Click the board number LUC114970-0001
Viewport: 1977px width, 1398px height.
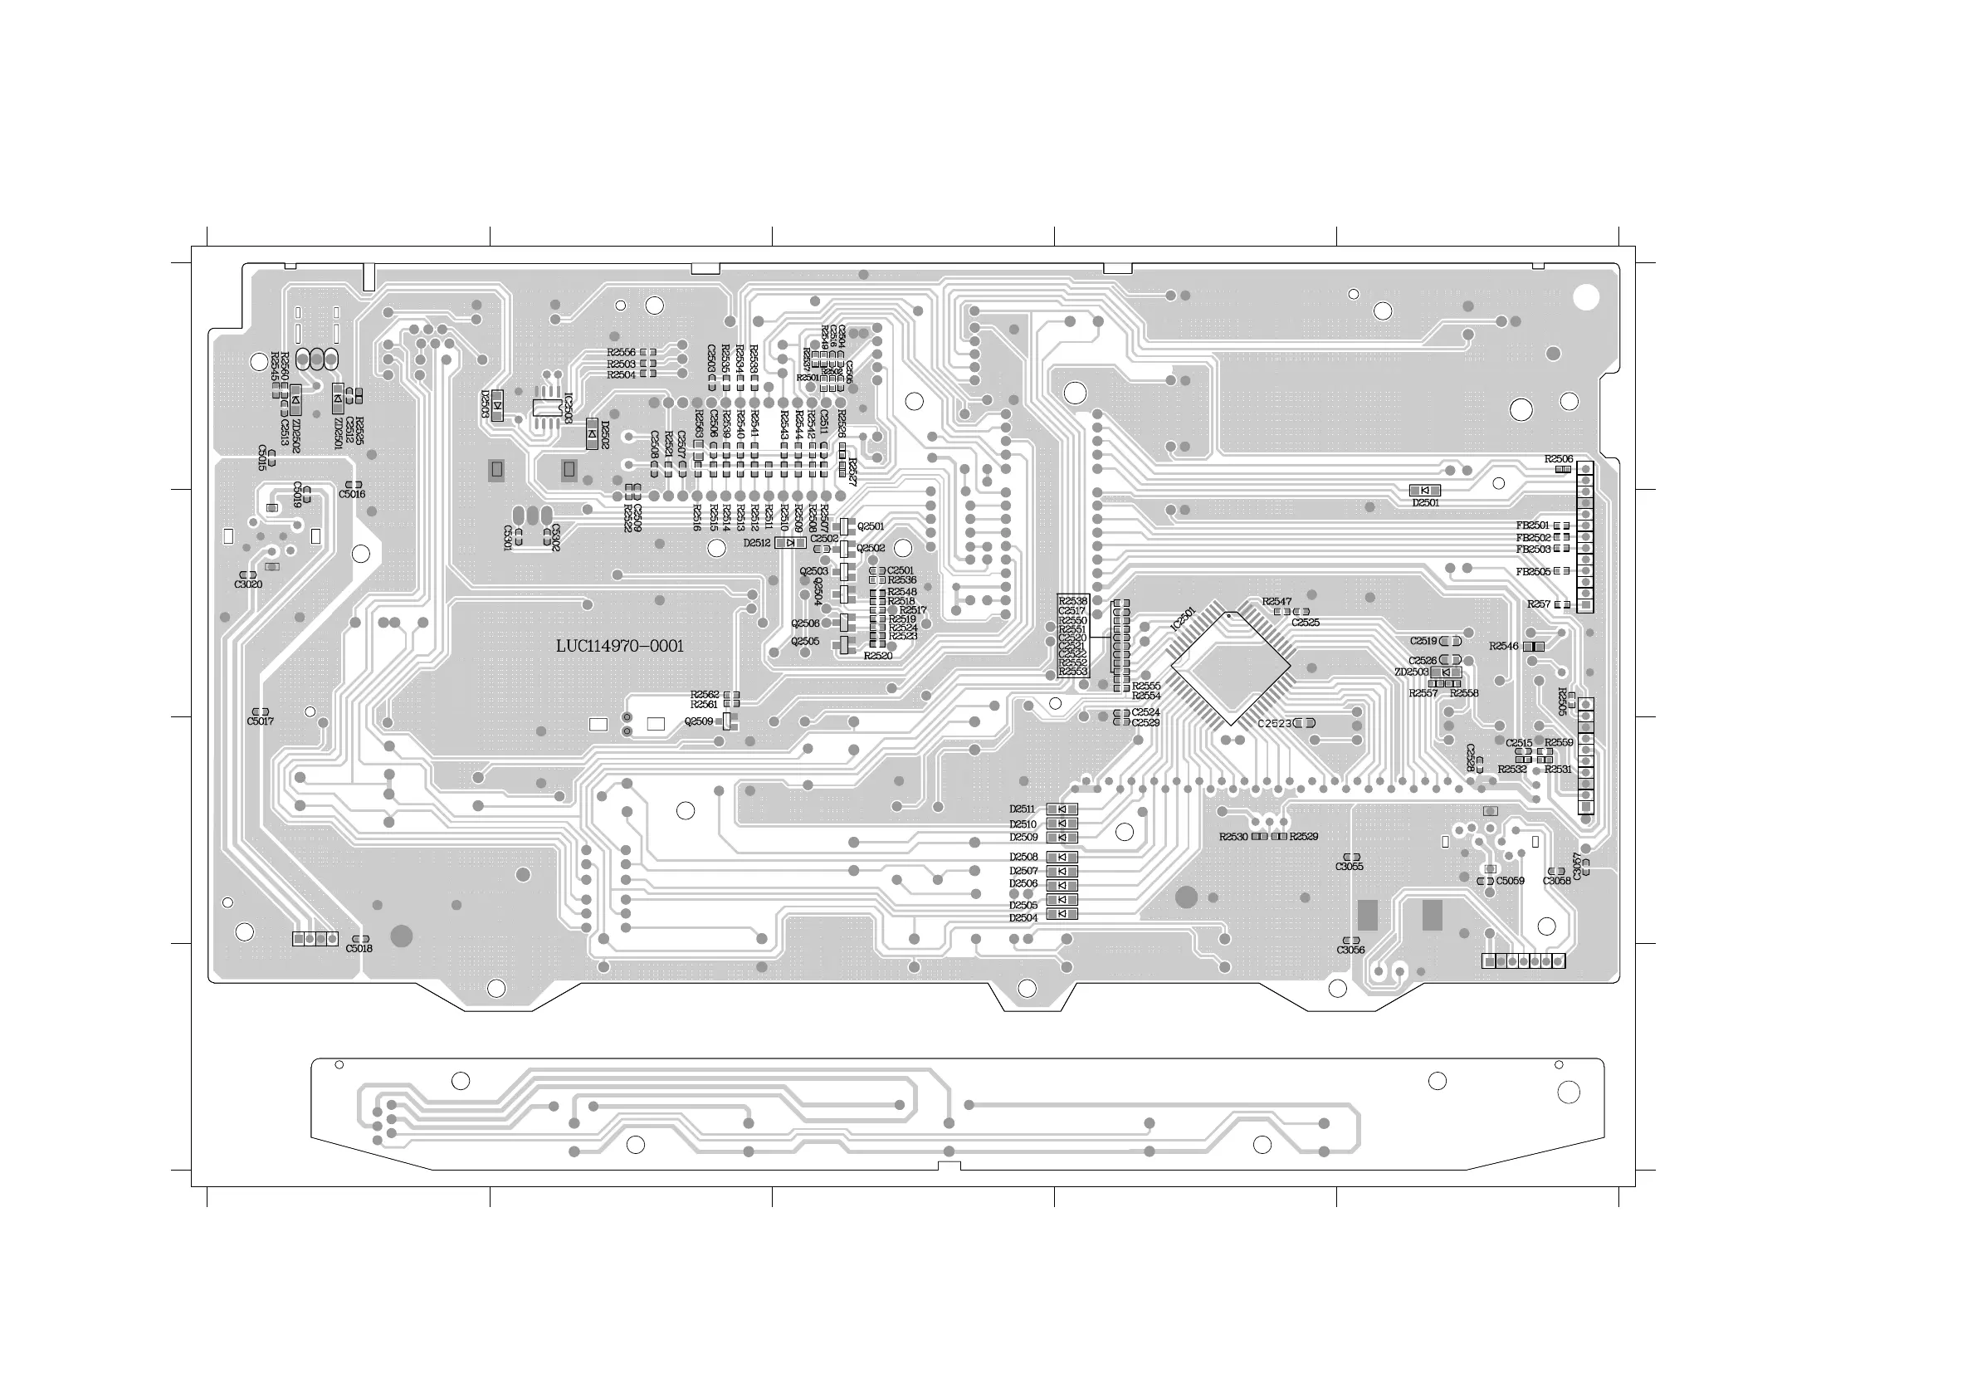pyautogui.click(x=620, y=646)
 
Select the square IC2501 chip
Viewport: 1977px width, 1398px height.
pyautogui.click(x=1231, y=668)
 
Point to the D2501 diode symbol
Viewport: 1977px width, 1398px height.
pyautogui.click(x=1424, y=490)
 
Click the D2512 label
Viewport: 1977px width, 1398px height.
pyautogui.click(x=757, y=544)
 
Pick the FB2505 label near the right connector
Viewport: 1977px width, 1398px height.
pyautogui.click(x=1533, y=572)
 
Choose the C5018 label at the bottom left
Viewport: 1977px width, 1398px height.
pyautogui.click(x=359, y=948)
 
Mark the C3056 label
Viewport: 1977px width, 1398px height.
pyautogui.click(x=1350, y=950)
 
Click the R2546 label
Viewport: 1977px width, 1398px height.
pyautogui.click(x=1503, y=646)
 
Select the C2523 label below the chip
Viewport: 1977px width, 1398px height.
pyautogui.click(x=1274, y=724)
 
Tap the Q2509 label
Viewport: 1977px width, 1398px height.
pyautogui.click(x=698, y=721)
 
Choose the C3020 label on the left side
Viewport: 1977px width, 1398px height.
pyautogui.click(x=248, y=585)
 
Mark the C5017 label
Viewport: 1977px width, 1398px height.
pyautogui.click(x=260, y=721)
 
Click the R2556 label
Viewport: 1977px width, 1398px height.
pyautogui.click(x=621, y=352)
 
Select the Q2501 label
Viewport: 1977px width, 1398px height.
pyautogui.click(x=871, y=526)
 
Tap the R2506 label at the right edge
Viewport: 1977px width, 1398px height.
pyautogui.click(x=1559, y=459)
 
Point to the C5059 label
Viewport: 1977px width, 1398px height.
pyautogui.click(x=1510, y=881)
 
